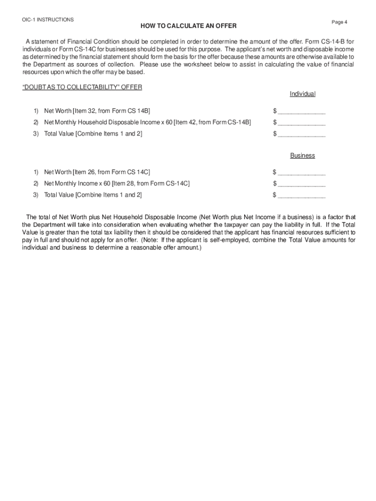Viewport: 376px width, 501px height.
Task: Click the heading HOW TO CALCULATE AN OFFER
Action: pyautogui.click(x=182, y=25)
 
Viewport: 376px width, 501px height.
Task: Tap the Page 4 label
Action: pyautogui.click(x=339, y=23)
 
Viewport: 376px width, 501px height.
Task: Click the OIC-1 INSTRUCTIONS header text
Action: pyautogui.click(x=48, y=20)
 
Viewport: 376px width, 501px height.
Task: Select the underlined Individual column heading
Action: pyautogui.click(x=303, y=94)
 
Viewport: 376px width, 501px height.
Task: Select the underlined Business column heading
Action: pyautogui.click(x=303, y=156)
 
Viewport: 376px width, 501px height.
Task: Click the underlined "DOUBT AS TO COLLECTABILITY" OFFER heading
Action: pyautogui.click(x=83, y=87)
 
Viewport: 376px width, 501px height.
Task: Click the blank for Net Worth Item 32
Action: pyautogui.click(x=302, y=112)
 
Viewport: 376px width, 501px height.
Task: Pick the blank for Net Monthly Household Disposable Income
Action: pyautogui.click(x=302, y=123)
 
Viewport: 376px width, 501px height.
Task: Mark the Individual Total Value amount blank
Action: pyautogui.click(x=302, y=134)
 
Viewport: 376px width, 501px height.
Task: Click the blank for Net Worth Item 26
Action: pyautogui.click(x=302, y=172)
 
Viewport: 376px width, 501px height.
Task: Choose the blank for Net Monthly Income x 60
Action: pyautogui.click(x=302, y=184)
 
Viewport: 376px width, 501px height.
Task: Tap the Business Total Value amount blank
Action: pyautogui.click(x=302, y=195)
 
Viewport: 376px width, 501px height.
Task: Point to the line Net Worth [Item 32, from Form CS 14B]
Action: pyautogui.click(x=97, y=111)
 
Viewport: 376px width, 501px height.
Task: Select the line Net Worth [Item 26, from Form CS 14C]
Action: pyautogui.click(x=97, y=172)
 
